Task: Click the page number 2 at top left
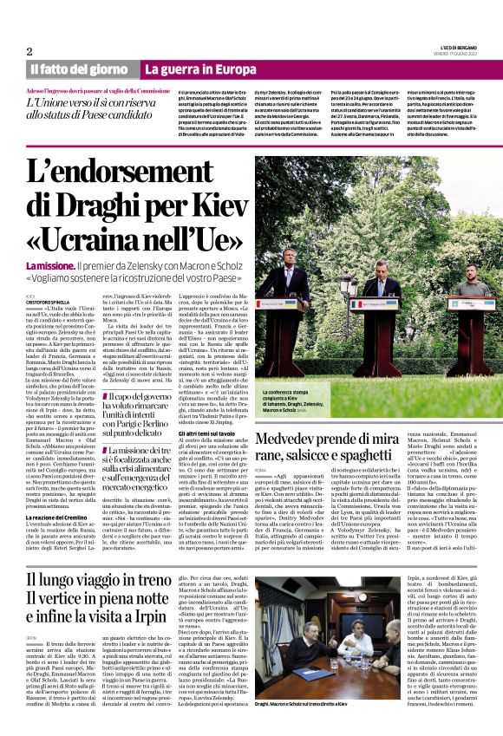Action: point(29,51)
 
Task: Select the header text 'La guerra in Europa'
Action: point(200,68)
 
